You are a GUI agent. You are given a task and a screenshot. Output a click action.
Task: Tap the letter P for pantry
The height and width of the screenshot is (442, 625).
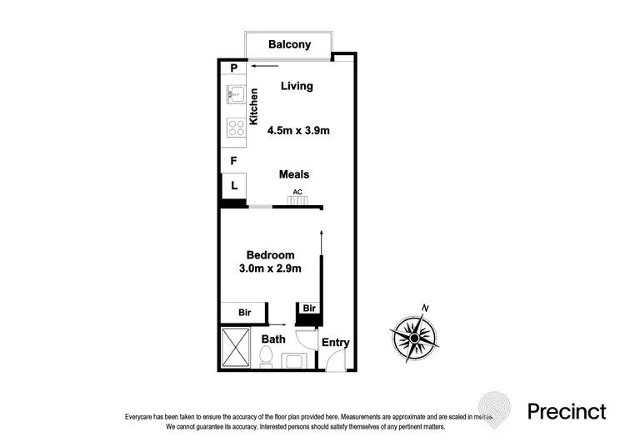234,69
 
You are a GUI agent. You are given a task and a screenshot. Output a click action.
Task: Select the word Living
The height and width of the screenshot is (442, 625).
296,86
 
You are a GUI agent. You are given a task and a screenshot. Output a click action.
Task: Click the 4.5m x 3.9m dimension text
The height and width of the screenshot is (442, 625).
298,130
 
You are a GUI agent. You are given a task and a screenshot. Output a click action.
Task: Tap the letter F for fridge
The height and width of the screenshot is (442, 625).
234,161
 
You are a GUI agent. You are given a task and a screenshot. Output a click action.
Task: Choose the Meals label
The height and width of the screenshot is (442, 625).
293,174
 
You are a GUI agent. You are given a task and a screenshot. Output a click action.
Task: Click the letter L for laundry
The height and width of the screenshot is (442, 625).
234,186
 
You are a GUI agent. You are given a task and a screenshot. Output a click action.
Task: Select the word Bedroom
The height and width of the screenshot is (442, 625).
270,254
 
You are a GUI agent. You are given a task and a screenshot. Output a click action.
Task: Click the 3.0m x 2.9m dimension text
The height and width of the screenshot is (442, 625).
270,268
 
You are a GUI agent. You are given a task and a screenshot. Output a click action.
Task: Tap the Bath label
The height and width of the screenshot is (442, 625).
273,339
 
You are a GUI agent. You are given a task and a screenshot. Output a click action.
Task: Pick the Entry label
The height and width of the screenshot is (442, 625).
335,343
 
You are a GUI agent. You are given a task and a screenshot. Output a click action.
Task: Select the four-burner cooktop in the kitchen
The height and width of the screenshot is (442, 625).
234,128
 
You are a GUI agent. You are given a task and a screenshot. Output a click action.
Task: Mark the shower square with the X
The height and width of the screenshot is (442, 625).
237,349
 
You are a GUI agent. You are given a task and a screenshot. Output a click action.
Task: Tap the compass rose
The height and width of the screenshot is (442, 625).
413,338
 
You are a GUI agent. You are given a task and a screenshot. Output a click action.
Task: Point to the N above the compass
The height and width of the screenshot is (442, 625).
426,309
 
